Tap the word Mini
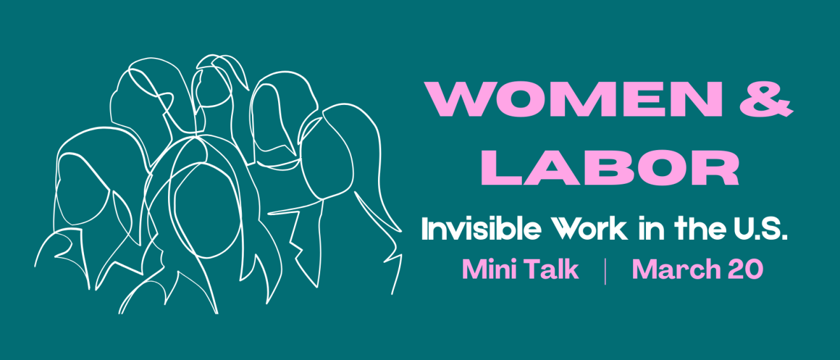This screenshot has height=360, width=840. coord(486,270)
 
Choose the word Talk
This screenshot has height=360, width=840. coord(550,270)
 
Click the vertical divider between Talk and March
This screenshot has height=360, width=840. coord(604,270)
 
